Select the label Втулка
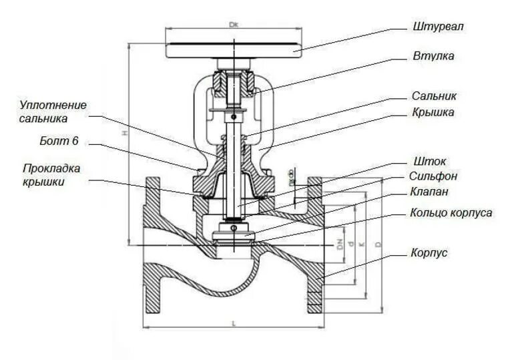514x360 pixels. [433, 56]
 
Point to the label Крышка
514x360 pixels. [433, 112]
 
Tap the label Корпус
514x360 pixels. [429, 253]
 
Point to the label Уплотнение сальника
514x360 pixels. [53, 112]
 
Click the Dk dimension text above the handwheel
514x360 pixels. [233, 25]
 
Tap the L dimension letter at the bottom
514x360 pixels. [233, 323]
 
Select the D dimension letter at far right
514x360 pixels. [378, 246]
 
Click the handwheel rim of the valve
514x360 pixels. [233, 50]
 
